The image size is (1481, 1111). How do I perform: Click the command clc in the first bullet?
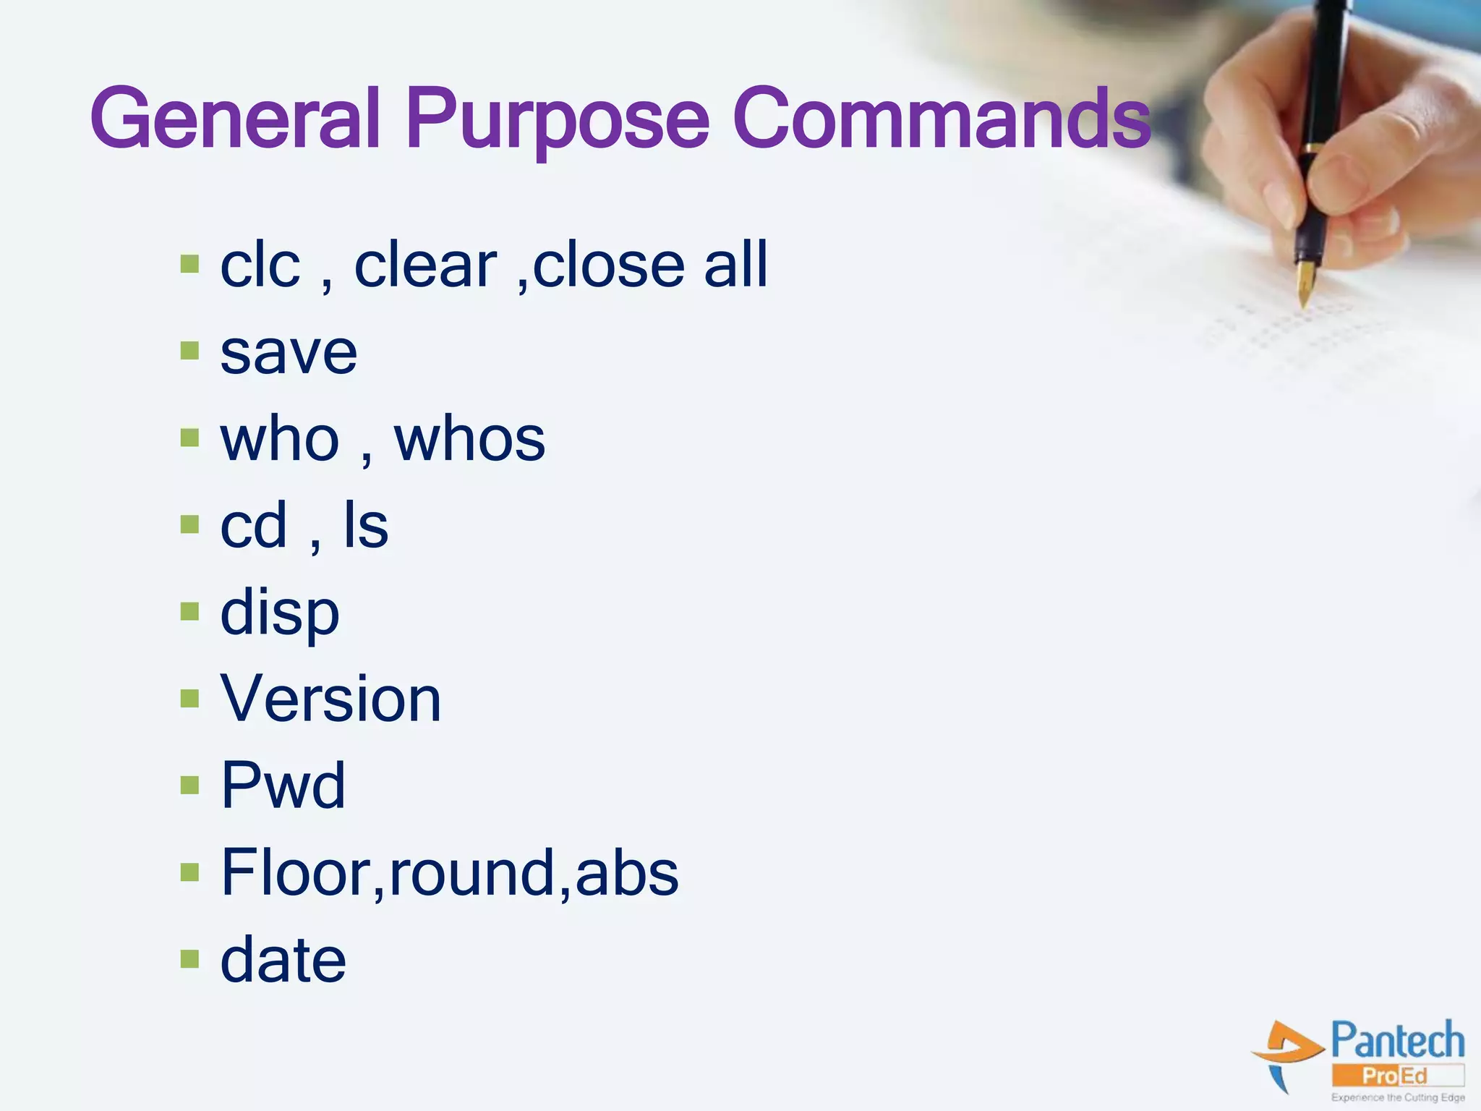(x=260, y=265)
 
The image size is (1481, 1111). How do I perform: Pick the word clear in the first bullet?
(x=425, y=265)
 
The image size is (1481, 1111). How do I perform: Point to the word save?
(x=289, y=354)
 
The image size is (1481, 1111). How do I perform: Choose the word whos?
(x=469, y=439)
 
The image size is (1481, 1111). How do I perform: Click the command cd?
(x=253, y=526)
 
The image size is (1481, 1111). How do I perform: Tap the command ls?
(x=366, y=526)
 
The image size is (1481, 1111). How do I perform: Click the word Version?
(x=330, y=699)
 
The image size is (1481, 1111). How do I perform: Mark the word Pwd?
(x=283, y=786)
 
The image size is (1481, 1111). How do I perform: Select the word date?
(x=283, y=960)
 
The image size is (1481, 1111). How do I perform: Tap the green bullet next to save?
(x=189, y=352)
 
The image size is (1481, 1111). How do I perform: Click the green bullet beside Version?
(x=189, y=699)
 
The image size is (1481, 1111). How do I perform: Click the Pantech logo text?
(x=1397, y=1042)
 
